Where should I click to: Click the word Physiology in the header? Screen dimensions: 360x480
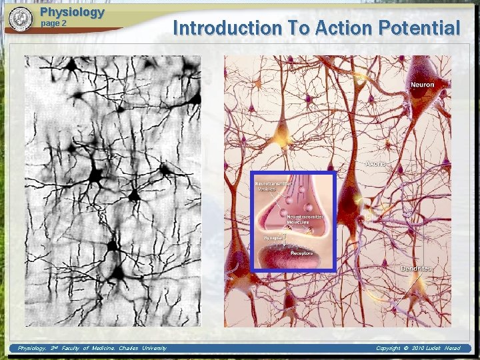pos(72,12)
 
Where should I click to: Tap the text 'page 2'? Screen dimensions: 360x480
pos(54,23)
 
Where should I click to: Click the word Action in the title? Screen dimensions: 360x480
pos(339,28)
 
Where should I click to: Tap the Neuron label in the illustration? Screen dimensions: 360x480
pos(422,85)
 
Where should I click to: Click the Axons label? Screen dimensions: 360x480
pos(376,163)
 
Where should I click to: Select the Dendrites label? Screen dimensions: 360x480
pos(416,268)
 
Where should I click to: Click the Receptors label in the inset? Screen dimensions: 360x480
pos(301,253)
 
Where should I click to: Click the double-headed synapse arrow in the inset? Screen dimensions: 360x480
pos(285,238)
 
